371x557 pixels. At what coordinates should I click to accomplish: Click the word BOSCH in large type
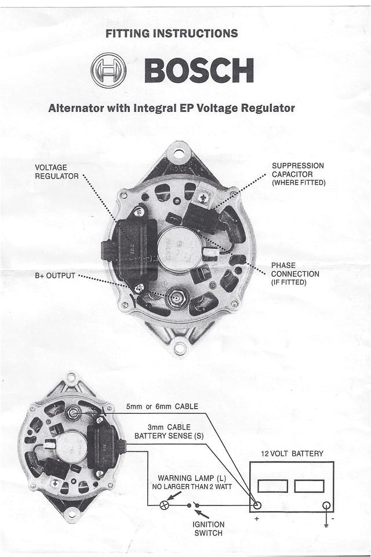coord(198,71)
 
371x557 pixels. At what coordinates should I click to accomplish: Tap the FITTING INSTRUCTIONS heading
coord(172,34)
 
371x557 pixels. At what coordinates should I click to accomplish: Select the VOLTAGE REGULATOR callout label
coord(56,172)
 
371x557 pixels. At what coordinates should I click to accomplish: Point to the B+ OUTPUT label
coord(54,275)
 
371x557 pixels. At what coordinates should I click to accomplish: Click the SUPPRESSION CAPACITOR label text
coord(298,174)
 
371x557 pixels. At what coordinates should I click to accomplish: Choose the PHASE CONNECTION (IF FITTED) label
coord(294,274)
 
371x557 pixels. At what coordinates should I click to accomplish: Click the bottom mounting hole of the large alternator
coord(180,348)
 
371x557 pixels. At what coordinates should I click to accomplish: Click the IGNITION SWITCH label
coord(208,529)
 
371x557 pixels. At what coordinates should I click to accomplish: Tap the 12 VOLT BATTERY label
coord(292,453)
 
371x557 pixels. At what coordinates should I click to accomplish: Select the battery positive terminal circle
coord(257,505)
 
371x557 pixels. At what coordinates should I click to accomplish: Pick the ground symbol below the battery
coord(327,524)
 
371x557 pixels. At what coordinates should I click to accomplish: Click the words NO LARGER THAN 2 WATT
coord(192,487)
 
